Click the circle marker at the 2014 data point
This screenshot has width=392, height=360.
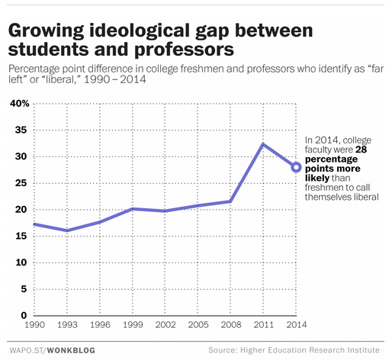[x=296, y=167]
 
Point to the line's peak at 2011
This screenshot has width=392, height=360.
[x=263, y=144]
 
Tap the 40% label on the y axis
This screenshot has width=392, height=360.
[x=19, y=103]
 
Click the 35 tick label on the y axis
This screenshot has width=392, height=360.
[x=21, y=130]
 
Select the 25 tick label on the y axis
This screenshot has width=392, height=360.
[x=21, y=183]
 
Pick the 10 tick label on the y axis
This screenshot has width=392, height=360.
[x=21, y=262]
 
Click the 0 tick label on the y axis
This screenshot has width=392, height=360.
[x=24, y=315]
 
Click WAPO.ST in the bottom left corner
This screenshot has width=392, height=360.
[x=27, y=349]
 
